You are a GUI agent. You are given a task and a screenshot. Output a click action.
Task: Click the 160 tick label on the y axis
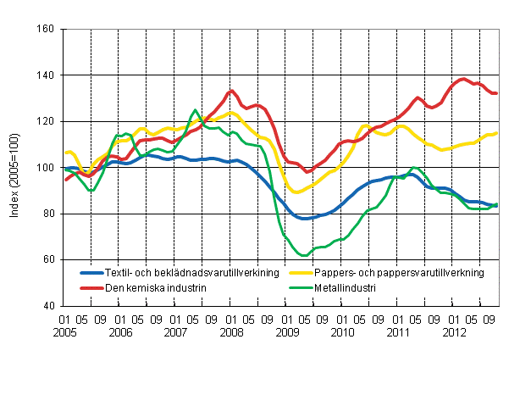pyautogui.click(x=46, y=30)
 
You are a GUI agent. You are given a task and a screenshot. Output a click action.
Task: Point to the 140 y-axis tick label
pyautogui.click(x=46, y=75)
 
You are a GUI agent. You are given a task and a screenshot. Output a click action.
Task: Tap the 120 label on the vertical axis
pyautogui.click(x=46, y=121)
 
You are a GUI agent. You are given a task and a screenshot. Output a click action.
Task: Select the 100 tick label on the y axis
pyautogui.click(x=46, y=168)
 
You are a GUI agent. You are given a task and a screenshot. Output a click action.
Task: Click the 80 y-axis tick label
pyautogui.click(x=48, y=214)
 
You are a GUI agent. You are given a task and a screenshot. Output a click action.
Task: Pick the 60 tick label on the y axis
pyautogui.click(x=48, y=259)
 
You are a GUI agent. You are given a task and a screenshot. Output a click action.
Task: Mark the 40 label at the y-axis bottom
pyautogui.click(x=48, y=305)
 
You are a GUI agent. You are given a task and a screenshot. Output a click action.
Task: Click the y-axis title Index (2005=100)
pyautogui.click(x=15, y=168)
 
